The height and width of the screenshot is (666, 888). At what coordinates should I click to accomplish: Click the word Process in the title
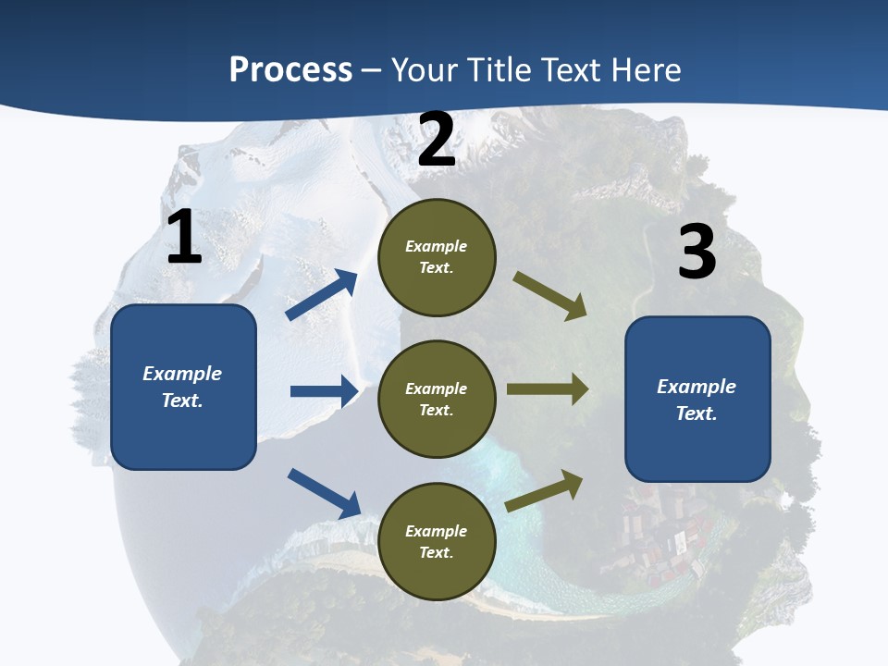[290, 70]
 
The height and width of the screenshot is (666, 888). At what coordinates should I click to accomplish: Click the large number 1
[184, 237]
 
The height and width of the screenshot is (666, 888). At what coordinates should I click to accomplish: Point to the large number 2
[437, 140]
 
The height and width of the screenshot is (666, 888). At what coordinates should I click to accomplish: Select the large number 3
[697, 253]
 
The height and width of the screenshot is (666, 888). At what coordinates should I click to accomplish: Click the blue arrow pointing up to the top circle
[322, 295]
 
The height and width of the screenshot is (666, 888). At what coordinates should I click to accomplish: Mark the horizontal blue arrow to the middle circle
[324, 391]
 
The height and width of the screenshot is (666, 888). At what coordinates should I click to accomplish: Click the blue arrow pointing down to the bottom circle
[324, 493]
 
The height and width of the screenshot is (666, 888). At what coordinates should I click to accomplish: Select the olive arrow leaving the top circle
[550, 296]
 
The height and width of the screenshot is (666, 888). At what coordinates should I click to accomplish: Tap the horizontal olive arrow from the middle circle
[548, 389]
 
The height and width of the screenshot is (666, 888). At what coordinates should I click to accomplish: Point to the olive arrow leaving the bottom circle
[545, 490]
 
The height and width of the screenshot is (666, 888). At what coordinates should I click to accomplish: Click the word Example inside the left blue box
[182, 374]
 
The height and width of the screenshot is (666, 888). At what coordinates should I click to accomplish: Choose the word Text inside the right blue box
[697, 413]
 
